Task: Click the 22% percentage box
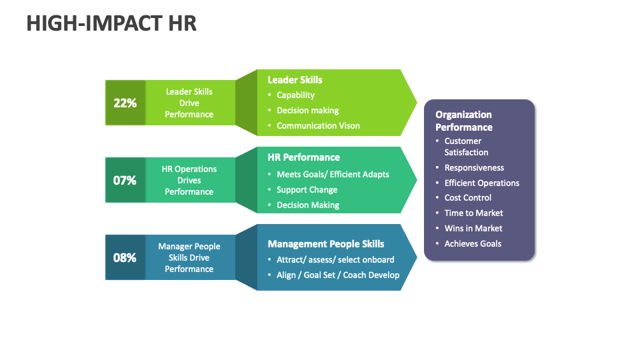pyautogui.click(x=125, y=103)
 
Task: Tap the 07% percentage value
pyautogui.click(x=125, y=180)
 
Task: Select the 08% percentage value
pyautogui.click(x=125, y=257)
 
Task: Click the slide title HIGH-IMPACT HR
pyautogui.click(x=111, y=23)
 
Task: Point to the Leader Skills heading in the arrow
pyautogui.click(x=295, y=80)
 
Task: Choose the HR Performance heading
pyautogui.click(x=303, y=157)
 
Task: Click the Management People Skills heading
pyautogui.click(x=325, y=244)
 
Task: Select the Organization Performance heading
pyautogui.click(x=464, y=121)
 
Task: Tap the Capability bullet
pyautogui.click(x=295, y=95)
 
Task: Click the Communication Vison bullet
pyautogui.click(x=318, y=125)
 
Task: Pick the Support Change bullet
pyautogui.click(x=307, y=190)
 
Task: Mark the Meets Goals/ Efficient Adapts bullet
pyautogui.click(x=333, y=174)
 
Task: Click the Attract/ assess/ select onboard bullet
pyautogui.click(x=335, y=259)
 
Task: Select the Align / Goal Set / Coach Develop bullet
pyautogui.click(x=338, y=275)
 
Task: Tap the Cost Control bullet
pyautogui.click(x=468, y=198)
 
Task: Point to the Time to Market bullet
pyautogui.click(x=473, y=213)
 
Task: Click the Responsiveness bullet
pyautogui.click(x=474, y=168)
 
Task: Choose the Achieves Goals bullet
pyautogui.click(x=473, y=244)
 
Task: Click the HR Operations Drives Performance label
pyautogui.click(x=189, y=180)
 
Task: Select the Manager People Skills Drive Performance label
pyautogui.click(x=189, y=257)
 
